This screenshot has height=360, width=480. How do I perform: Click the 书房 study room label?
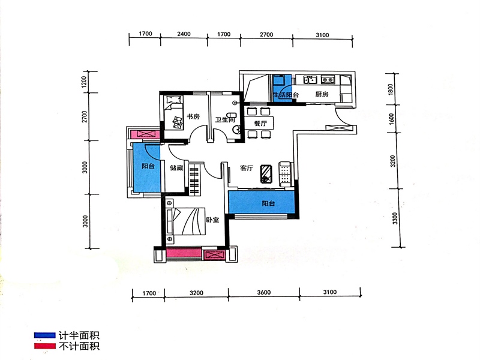(x=193, y=116)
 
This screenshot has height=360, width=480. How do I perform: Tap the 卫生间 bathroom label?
(x=225, y=119)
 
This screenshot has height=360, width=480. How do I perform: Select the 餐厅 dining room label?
(x=260, y=124)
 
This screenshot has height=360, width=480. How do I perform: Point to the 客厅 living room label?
(x=247, y=168)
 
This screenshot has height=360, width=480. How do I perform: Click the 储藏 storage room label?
(x=176, y=167)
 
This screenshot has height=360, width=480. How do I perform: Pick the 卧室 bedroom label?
(x=212, y=220)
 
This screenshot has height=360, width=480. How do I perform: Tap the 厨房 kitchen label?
(x=322, y=94)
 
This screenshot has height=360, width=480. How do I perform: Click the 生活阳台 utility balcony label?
(x=286, y=95)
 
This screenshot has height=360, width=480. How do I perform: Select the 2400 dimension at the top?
(x=184, y=34)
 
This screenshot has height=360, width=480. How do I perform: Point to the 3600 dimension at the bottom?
(x=263, y=292)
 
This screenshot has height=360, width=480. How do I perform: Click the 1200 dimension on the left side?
(x=85, y=82)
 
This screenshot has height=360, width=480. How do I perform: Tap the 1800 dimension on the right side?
(x=391, y=89)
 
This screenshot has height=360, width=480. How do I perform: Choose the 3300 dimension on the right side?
(x=395, y=218)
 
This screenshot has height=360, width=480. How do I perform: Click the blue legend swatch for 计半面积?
(x=44, y=335)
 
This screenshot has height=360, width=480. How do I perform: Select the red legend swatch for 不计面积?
(x=44, y=346)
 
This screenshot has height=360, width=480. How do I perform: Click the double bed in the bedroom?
(x=185, y=221)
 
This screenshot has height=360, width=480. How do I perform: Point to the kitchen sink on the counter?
(x=310, y=80)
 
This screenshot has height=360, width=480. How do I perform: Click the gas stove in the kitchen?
(x=328, y=80)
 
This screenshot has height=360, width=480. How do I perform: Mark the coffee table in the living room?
(x=266, y=174)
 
